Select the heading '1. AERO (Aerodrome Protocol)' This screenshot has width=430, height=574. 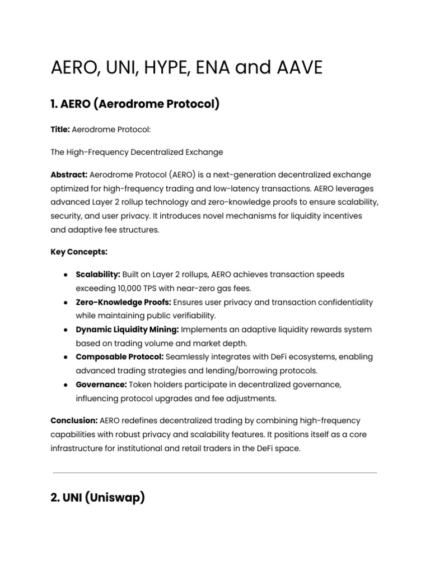coord(135,104)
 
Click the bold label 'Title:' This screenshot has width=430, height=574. coord(60,129)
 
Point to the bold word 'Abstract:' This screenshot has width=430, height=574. coord(68,175)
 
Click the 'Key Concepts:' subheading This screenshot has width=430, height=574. coord(79,252)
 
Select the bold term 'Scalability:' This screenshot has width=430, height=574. coord(98,275)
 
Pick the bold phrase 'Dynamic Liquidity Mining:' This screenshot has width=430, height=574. coord(127,330)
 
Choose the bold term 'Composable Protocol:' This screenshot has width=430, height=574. coord(120,357)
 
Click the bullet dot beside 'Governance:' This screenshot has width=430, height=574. coord(67,385)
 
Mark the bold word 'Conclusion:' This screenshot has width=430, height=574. coord(74,421)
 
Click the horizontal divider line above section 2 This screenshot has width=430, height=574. coord(214,473)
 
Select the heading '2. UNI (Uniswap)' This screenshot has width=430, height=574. coord(98,497)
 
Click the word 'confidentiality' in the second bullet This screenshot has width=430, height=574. coord(342,302)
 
